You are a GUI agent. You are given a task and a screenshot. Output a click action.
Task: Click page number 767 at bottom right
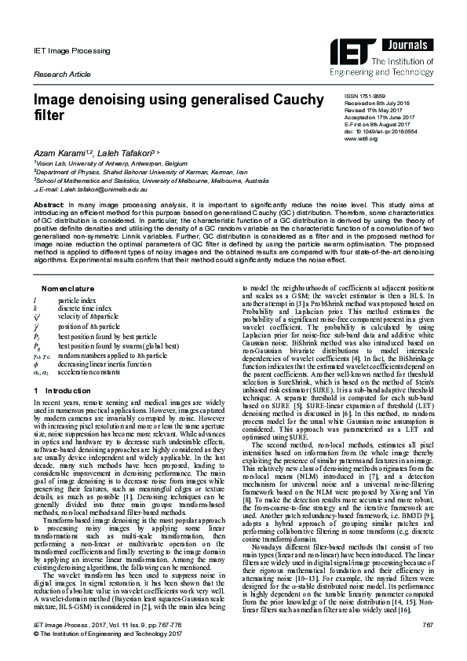click(429, 623)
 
